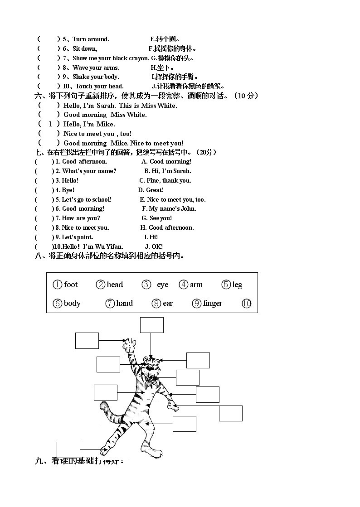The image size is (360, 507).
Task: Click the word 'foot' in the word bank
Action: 71,285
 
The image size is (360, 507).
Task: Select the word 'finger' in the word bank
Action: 212,303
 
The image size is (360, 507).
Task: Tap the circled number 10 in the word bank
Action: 247,304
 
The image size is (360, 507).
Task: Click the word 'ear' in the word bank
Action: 168,303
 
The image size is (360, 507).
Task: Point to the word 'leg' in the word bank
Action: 237,285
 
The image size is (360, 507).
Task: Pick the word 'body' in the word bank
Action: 72,303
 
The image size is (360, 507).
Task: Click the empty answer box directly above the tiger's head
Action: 151,325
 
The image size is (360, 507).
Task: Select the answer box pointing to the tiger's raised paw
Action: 87,341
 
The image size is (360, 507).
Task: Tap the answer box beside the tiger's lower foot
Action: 68,449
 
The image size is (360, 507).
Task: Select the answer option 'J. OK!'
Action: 154,246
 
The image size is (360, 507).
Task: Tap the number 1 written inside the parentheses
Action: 51,124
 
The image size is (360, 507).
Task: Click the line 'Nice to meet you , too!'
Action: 97,134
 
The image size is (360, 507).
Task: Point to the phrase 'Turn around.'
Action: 91,39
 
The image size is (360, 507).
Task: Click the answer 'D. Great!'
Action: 151,190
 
